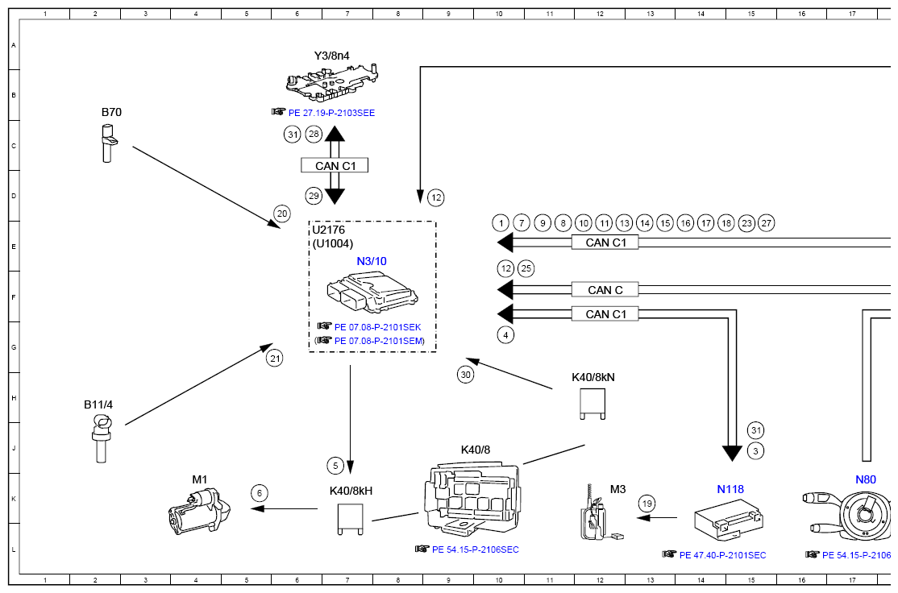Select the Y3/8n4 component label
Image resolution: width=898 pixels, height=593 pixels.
pos(331,56)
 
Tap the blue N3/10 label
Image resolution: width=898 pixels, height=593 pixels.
pos(372,261)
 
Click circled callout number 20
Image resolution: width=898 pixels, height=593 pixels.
pos(281,214)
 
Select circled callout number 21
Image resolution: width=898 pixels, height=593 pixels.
pos(276,359)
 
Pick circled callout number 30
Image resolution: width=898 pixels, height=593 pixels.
pos(465,374)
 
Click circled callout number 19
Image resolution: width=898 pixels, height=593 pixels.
pos(647,504)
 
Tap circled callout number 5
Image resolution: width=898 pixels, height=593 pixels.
pos(336,465)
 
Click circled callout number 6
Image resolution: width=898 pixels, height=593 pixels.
pos(258,492)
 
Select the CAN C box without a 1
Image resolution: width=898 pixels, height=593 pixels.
pos(605,290)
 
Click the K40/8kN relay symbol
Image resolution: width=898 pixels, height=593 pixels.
pos(593,404)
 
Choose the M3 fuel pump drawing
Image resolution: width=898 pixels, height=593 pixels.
pos(595,517)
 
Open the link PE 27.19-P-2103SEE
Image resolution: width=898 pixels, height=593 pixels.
pos(331,114)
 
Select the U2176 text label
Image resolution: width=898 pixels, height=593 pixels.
pos(329,230)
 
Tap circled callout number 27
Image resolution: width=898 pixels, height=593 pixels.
pos(767,222)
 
